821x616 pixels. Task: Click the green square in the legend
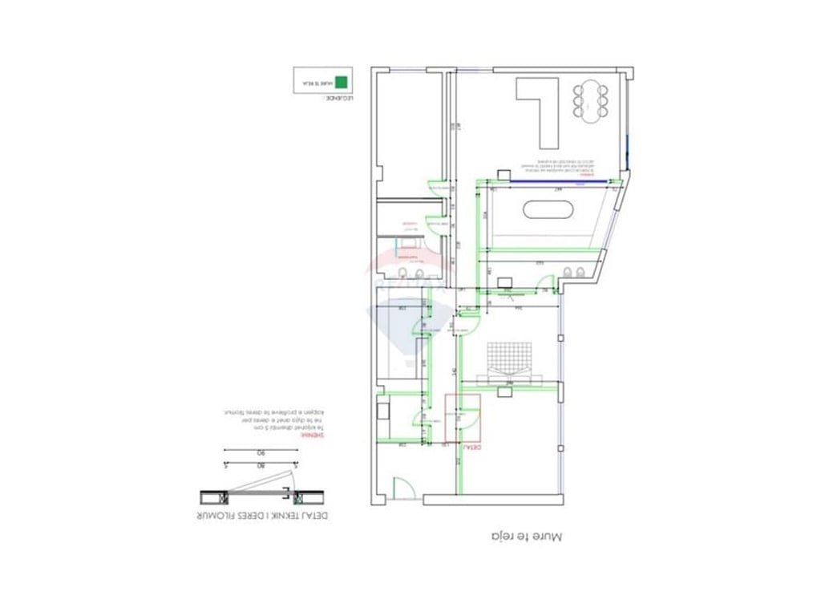(341, 82)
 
